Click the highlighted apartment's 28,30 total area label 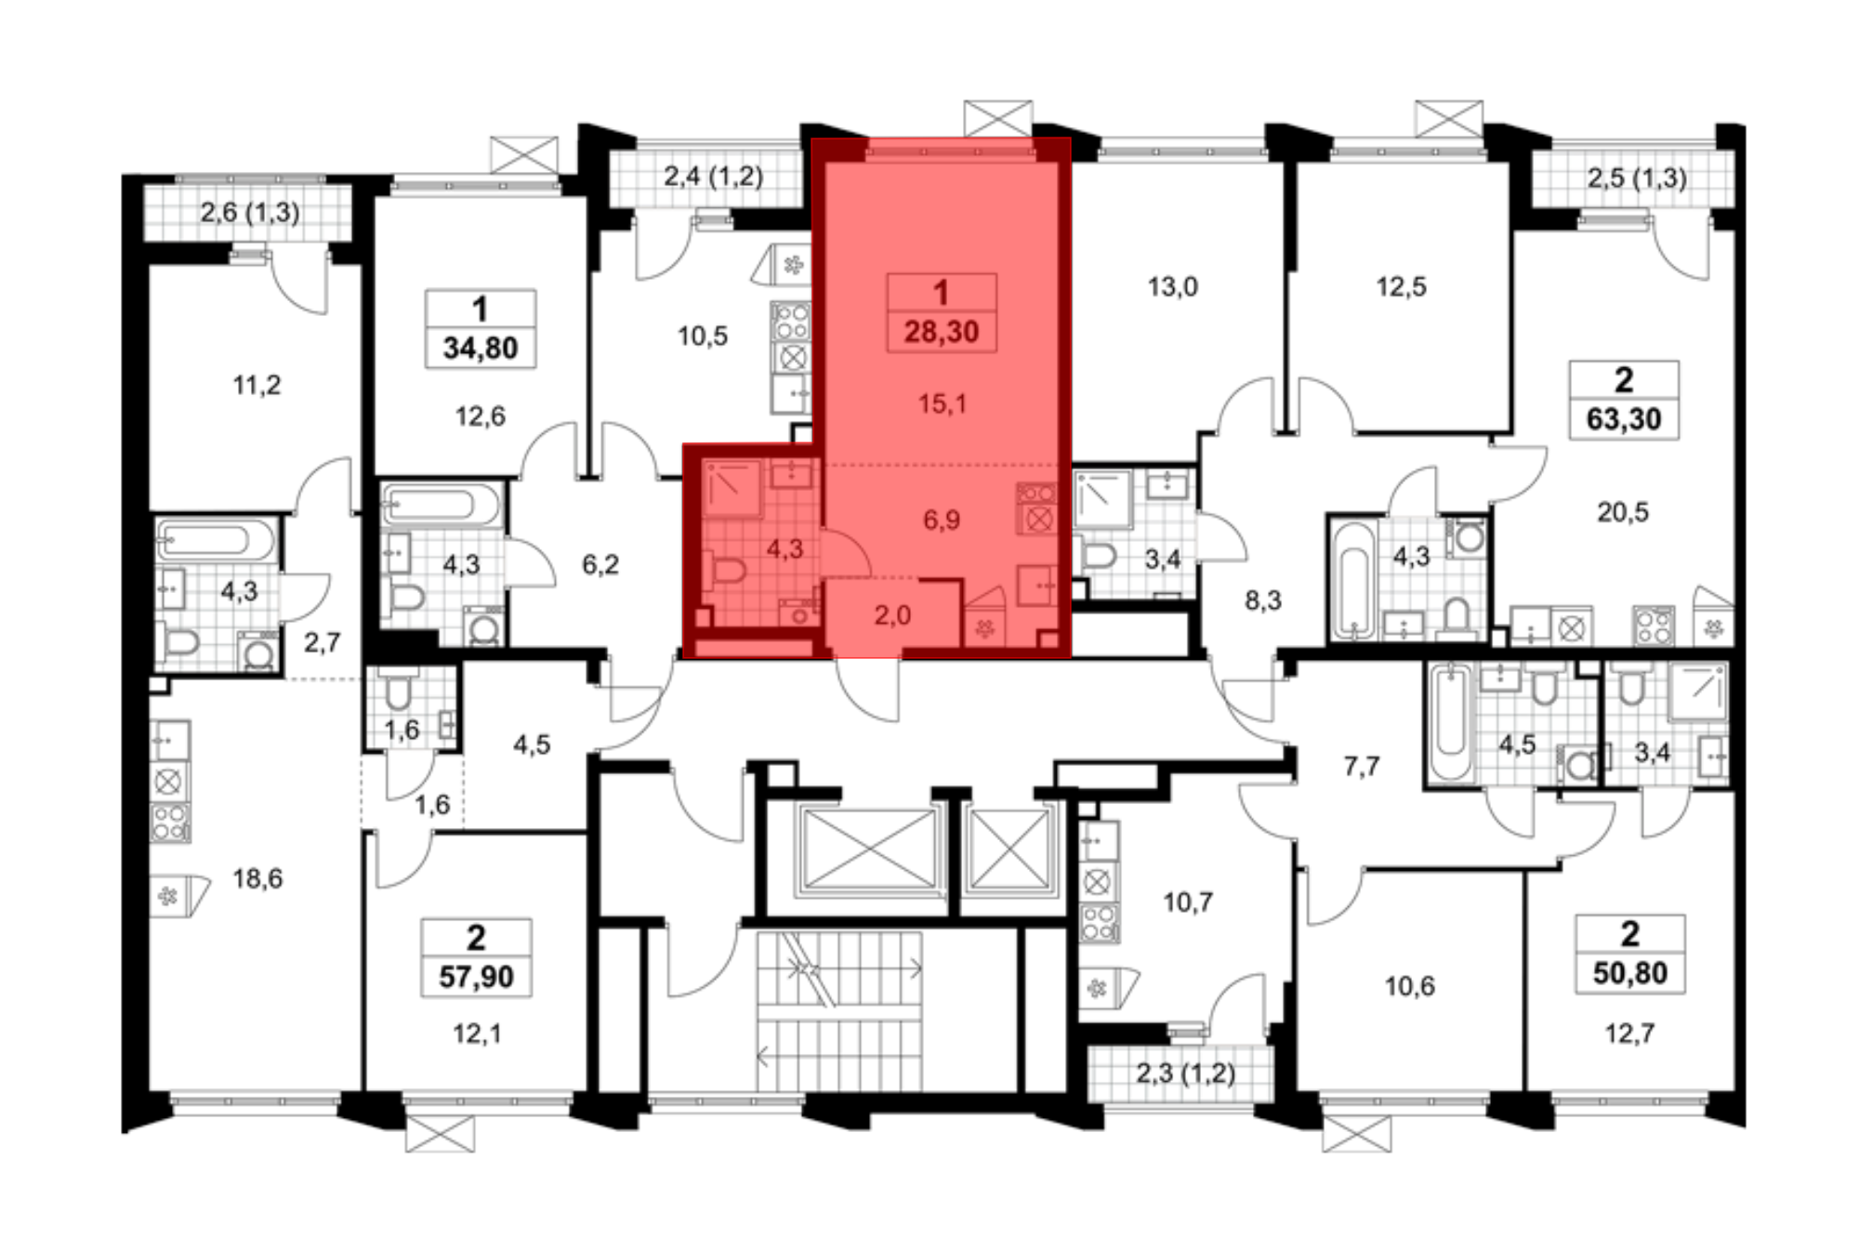(x=942, y=332)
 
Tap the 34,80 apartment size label (x=481, y=349)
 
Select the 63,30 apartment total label (x=1624, y=419)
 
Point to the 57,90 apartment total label (x=476, y=977)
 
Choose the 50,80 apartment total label (x=1629, y=973)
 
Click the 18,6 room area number (x=257, y=878)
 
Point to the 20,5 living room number (x=1623, y=512)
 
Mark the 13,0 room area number (x=1173, y=287)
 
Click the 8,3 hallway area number (x=1263, y=600)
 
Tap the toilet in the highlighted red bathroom (x=726, y=569)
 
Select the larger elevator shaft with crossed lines (x=871, y=849)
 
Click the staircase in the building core (x=839, y=1011)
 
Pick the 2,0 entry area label (x=892, y=615)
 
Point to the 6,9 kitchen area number (x=942, y=520)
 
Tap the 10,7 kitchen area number (x=1188, y=902)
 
